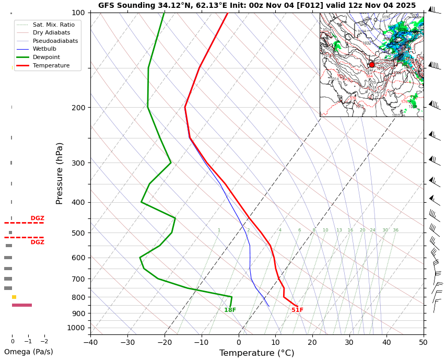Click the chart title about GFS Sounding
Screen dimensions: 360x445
coord(257,5)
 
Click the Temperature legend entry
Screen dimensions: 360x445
coord(51,65)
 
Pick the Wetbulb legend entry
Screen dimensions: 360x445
coord(44,49)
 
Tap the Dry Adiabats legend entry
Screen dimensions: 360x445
coord(51,33)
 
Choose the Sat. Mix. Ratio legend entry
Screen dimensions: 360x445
coord(53,25)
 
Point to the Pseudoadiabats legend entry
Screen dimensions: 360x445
coord(55,41)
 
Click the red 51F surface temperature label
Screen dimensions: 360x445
coord(297,310)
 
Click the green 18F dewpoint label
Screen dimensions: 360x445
coord(230,310)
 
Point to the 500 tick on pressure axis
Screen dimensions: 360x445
coord(78,233)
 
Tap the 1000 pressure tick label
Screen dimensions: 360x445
coord(76,328)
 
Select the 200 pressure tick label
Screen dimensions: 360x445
coord(78,108)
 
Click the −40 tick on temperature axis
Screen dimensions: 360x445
coord(90,343)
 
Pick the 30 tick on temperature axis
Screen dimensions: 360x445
coord(349,343)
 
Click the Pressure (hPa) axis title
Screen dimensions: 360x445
coord(60,173)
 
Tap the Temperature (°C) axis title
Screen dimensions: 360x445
coord(256,353)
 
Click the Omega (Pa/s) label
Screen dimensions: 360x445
coord(29,352)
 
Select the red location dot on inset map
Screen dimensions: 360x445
coord(371,65)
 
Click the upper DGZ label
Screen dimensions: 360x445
coord(38,218)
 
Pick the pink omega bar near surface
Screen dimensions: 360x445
coord(22,305)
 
